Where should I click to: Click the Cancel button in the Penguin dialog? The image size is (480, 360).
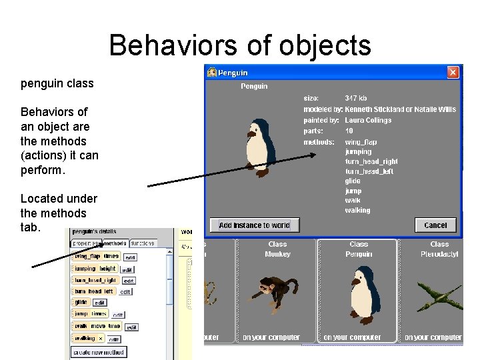tap(435, 225)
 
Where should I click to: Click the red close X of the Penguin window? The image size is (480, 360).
tap(453, 72)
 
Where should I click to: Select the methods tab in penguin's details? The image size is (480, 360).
tap(115, 243)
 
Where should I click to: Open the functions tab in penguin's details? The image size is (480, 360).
tap(143, 243)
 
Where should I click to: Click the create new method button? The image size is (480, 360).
tap(99, 351)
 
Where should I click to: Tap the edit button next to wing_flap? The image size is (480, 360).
tap(130, 257)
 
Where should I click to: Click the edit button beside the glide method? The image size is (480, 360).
tap(99, 303)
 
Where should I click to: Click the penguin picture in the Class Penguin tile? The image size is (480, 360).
tap(361, 293)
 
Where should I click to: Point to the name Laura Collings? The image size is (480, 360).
tap(368, 120)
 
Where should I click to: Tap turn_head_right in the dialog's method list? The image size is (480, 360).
tap(371, 161)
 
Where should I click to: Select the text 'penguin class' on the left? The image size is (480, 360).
tap(57, 84)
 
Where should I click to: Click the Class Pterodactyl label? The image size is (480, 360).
tap(439, 249)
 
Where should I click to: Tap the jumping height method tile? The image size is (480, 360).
tap(95, 269)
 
